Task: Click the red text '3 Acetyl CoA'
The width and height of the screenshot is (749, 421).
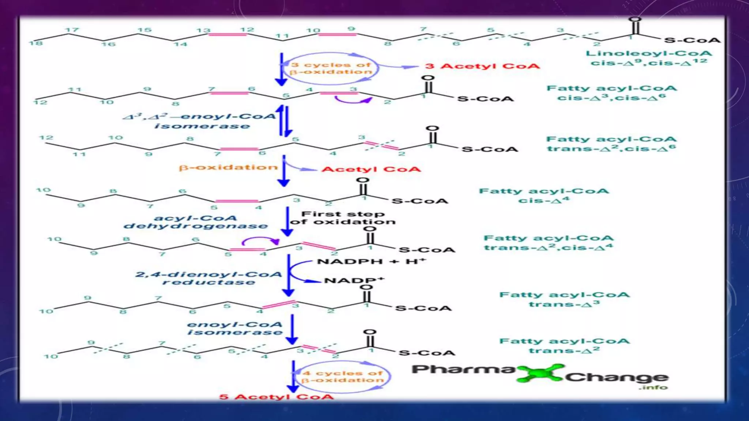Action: pyautogui.click(x=482, y=67)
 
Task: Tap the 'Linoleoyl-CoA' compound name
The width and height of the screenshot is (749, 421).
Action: pyautogui.click(x=649, y=54)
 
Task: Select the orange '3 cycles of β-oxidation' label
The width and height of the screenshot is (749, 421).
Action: pyautogui.click(x=331, y=68)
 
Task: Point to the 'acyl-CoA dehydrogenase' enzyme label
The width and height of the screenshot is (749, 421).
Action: pyautogui.click(x=196, y=222)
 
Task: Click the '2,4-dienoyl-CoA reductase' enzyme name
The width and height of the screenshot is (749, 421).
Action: pyautogui.click(x=209, y=278)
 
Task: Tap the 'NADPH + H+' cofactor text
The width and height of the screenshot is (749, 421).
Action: pyautogui.click(x=371, y=262)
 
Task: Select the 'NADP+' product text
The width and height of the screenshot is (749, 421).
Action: pyautogui.click(x=354, y=281)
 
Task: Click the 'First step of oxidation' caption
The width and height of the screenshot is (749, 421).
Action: pyautogui.click(x=343, y=218)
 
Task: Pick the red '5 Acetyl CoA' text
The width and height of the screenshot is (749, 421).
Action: pyautogui.click(x=276, y=397)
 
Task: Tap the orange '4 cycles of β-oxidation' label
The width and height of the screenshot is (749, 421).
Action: pyautogui.click(x=343, y=377)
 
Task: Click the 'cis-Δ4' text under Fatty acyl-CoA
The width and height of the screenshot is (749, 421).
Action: pyautogui.click(x=543, y=200)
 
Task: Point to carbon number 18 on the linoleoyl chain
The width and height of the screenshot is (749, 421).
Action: pyautogui.click(x=36, y=43)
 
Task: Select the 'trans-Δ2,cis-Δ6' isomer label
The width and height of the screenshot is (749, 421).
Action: pyautogui.click(x=611, y=149)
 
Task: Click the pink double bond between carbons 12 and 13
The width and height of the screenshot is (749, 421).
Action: pyautogui.click(x=227, y=34)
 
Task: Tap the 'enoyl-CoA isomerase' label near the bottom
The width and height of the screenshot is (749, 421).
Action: pyautogui.click(x=235, y=329)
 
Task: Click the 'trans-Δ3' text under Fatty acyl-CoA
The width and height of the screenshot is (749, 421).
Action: pyautogui.click(x=564, y=304)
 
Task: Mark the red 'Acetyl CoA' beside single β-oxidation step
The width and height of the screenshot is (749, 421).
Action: pyautogui.click(x=371, y=170)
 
